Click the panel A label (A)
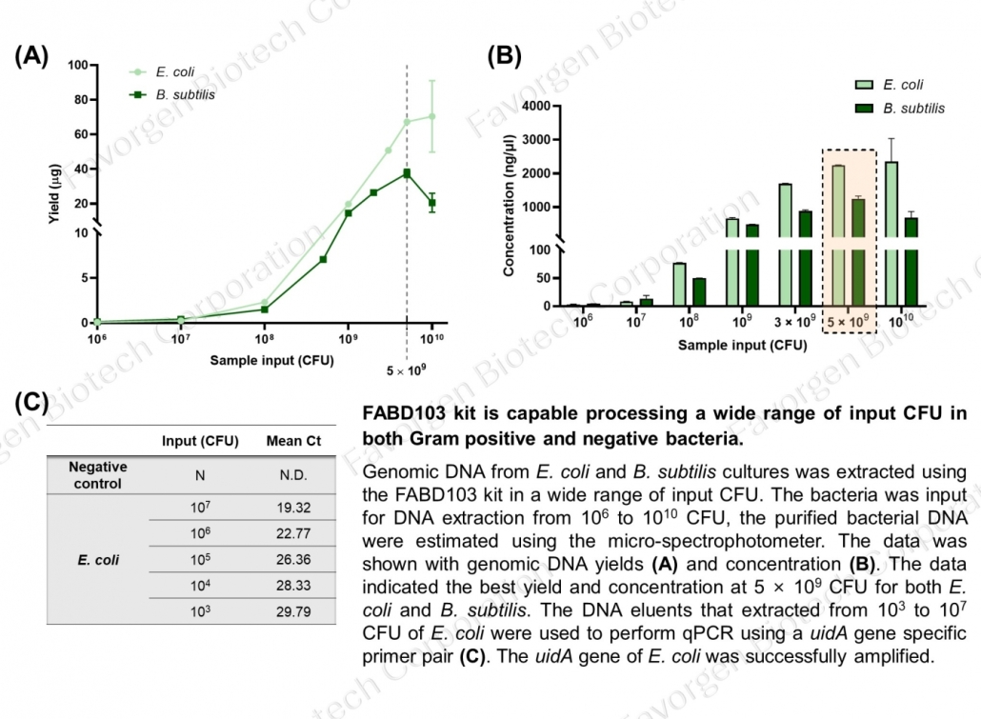31,55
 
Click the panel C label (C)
31,402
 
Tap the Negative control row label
98,475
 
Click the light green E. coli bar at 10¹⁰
891,233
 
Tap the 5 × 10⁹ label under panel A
407,369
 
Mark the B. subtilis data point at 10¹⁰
431,202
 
